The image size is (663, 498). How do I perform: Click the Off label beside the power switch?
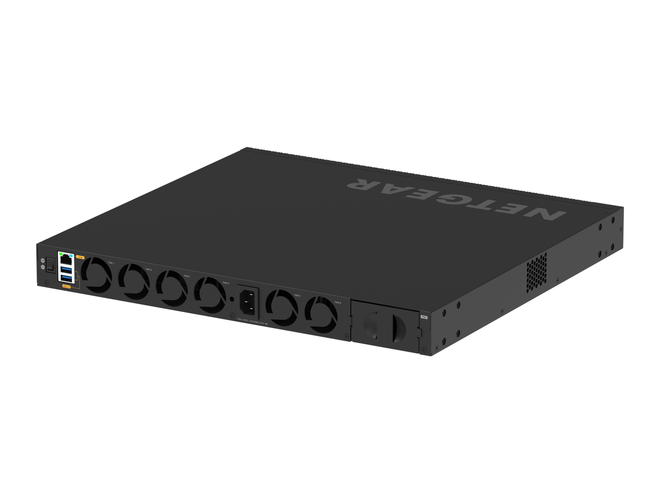[43, 260]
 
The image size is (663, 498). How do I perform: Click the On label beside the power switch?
[43, 267]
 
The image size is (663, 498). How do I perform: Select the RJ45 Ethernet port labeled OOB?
[66, 260]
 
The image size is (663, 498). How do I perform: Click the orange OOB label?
[80, 257]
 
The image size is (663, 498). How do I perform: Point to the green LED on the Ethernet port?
[61, 254]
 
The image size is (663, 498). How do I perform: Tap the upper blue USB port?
[66, 270]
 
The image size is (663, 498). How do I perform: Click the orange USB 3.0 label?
[67, 287]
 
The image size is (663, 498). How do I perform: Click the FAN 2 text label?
[148, 270]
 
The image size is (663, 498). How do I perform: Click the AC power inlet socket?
[247, 301]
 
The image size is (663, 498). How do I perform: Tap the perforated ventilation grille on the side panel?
[536, 269]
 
